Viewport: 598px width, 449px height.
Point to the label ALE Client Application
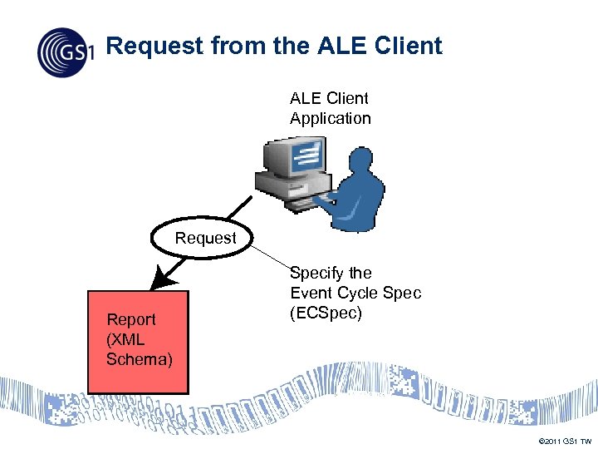coord(330,108)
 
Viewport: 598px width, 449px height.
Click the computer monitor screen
coord(306,156)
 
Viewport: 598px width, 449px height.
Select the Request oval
coord(205,239)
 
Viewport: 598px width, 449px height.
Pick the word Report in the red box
coord(131,319)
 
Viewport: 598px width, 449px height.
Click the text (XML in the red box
coord(125,339)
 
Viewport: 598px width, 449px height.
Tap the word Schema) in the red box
coord(140,359)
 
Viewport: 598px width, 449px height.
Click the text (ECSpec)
coord(326,313)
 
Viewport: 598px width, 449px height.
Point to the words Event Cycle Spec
coord(355,294)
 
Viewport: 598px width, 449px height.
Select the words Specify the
coord(331,273)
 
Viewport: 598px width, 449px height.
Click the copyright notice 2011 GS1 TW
coord(565,440)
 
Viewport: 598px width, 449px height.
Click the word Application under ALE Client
coord(330,118)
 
